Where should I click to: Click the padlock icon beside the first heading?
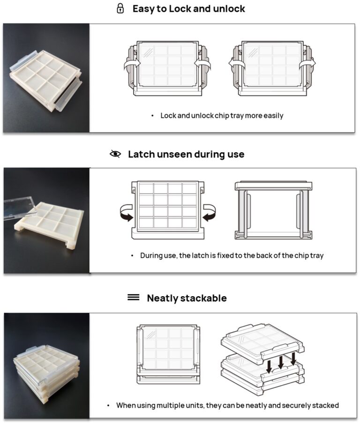click(x=120, y=9)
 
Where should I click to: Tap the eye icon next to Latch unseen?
click(x=115, y=154)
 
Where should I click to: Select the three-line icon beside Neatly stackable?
click(x=134, y=298)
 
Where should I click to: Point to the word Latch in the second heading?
click(x=142, y=154)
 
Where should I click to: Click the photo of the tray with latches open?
click(x=46, y=78)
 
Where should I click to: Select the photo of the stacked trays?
click(x=46, y=365)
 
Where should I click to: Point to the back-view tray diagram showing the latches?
click(x=273, y=209)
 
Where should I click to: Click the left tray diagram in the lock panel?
click(x=167, y=68)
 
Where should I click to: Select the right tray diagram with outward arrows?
click(x=273, y=68)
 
